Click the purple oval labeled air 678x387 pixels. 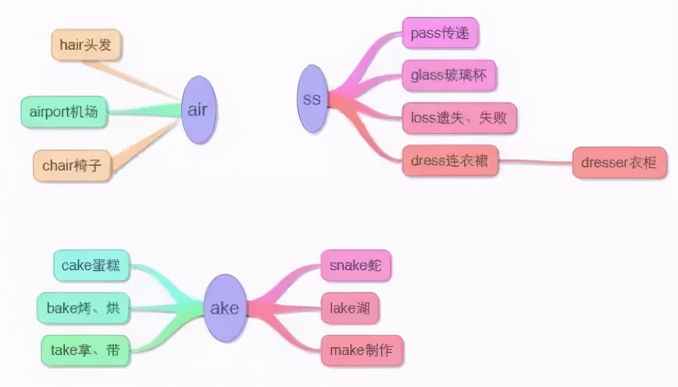point(198,110)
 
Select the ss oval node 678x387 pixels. point(312,99)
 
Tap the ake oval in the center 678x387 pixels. point(225,308)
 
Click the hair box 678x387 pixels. point(86,45)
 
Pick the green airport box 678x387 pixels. point(64,112)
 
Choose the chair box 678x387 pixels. point(72,165)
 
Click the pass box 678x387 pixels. point(440,33)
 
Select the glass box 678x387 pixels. point(449,75)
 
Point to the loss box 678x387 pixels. point(459,118)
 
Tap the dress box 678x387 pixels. point(450,160)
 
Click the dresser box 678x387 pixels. point(619,162)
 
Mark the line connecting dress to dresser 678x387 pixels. point(535,162)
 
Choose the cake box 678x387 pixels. point(91,265)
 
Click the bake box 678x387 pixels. point(83,308)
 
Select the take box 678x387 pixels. point(85,350)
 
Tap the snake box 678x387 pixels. point(355,265)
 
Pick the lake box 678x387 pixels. point(350,308)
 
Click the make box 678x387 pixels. point(362,350)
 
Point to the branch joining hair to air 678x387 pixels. point(132,80)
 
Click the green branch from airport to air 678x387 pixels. point(143,111)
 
